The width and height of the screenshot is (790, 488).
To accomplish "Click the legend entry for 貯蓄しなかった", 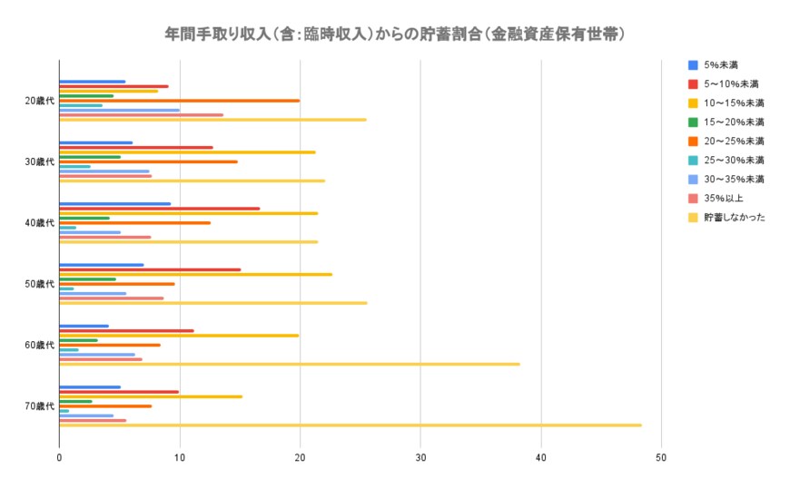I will pos(734,218).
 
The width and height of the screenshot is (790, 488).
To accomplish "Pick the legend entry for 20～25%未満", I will pos(734,142).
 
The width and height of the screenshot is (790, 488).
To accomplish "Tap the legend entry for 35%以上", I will pos(725,199).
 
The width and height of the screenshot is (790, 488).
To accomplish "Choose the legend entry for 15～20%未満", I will pos(734,122).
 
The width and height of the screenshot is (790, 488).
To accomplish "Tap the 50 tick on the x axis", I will pos(661,458).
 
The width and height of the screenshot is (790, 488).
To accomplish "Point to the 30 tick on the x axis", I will pos(420,458).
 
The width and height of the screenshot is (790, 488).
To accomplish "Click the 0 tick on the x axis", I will pos(59,458).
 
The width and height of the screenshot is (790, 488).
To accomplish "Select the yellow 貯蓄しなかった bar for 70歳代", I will pos(350,425).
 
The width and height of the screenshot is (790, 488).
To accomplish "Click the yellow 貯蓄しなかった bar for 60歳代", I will pos(289,364).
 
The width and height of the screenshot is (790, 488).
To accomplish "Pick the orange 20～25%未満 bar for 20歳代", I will pos(179,101).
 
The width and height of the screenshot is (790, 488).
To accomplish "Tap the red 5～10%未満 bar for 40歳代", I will pos(159,209).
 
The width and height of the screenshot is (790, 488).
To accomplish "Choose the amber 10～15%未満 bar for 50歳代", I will pos(195,274).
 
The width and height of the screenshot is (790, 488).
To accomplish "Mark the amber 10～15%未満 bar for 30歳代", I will pos(187,151).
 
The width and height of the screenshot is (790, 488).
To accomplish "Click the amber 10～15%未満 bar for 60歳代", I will pos(179,335).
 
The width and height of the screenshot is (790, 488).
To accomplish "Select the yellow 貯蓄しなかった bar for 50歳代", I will pos(212,303).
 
